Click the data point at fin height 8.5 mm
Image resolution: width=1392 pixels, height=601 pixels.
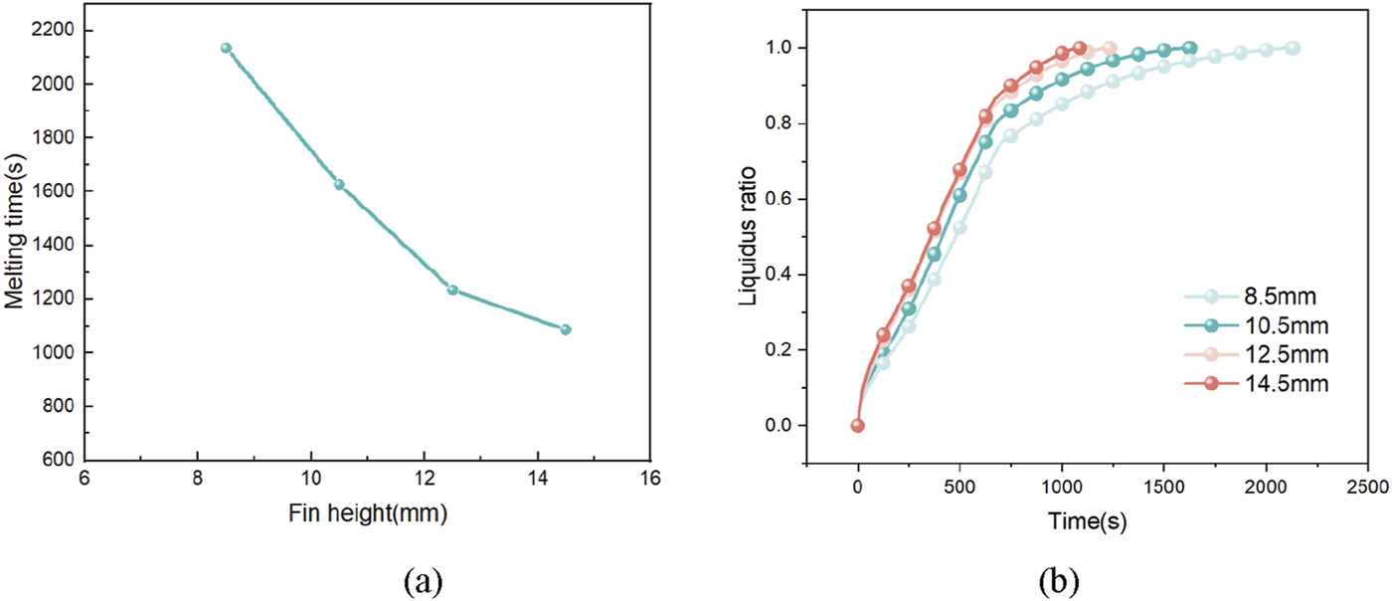point(226,48)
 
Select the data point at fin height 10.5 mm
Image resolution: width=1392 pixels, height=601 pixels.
point(339,184)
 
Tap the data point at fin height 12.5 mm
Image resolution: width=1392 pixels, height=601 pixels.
point(452,290)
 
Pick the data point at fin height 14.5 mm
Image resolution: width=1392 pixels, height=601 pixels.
point(566,329)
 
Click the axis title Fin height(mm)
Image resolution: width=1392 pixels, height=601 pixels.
point(367,515)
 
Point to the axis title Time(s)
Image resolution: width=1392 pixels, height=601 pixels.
point(1086,518)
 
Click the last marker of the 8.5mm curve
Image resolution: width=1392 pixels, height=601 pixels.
point(1293,48)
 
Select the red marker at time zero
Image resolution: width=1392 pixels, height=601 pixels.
point(858,426)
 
